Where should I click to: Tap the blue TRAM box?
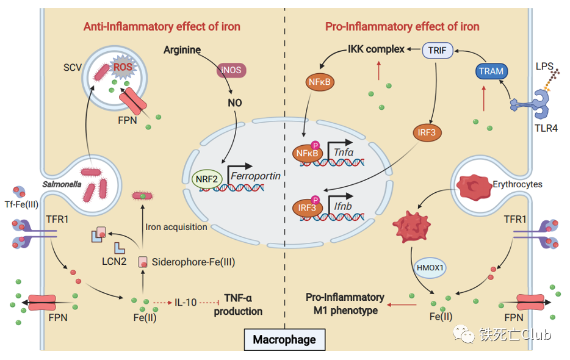click(491, 71)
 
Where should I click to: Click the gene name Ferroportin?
click(257, 176)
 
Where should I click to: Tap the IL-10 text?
click(187, 302)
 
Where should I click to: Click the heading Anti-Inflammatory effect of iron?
click(162, 26)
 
